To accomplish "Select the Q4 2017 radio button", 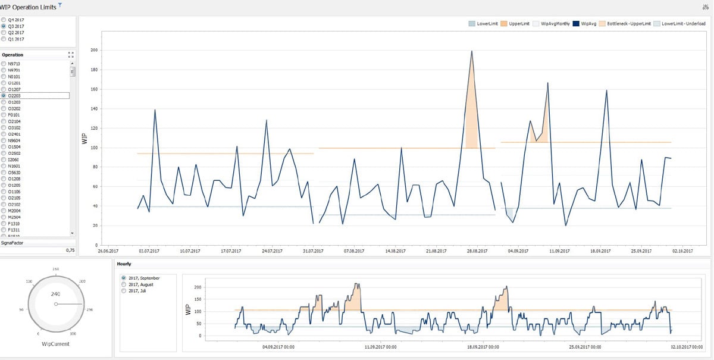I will [x=4, y=20].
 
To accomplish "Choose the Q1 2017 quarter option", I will [x=4, y=39].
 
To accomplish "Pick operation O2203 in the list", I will [x=4, y=95].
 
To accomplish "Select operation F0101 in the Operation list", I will [x=4, y=115].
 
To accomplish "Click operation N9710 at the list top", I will [x=4, y=64].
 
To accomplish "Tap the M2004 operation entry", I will [x=4, y=211].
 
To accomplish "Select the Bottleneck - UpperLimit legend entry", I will [x=628, y=24].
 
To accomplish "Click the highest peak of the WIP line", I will [x=472, y=51].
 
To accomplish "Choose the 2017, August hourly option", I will [x=124, y=284].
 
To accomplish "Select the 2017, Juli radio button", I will [x=124, y=291].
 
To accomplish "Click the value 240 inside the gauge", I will [x=55, y=294].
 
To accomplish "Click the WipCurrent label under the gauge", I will [x=55, y=343].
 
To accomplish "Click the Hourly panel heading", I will [x=124, y=264].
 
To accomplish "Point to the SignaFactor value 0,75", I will [x=70, y=251].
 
